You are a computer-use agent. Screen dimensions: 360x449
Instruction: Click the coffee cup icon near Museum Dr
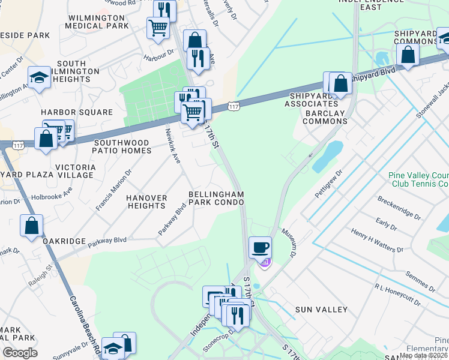pyautogui.click(x=260, y=247)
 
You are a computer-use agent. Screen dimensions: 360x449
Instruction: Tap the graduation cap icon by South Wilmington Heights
pyautogui.click(x=39, y=77)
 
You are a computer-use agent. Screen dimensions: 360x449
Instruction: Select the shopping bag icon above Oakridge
pyautogui.click(x=32, y=226)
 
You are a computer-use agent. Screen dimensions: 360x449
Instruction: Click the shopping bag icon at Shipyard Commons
pyautogui.click(x=408, y=53)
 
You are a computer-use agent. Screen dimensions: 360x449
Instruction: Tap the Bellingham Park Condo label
pyautogui.click(x=216, y=199)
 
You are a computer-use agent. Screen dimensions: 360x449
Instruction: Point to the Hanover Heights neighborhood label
pyautogui.click(x=146, y=202)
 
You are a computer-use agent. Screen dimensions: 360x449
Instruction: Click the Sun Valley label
pyautogui.click(x=321, y=310)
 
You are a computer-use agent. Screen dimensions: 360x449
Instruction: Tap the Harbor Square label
pyautogui.click(x=77, y=112)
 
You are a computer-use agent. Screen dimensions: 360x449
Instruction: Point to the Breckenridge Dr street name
pyautogui.click(x=397, y=208)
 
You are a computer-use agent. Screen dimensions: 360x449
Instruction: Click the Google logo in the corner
pyautogui.click(x=20, y=353)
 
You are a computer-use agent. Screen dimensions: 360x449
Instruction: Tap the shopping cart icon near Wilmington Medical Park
pyautogui.click(x=157, y=28)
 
